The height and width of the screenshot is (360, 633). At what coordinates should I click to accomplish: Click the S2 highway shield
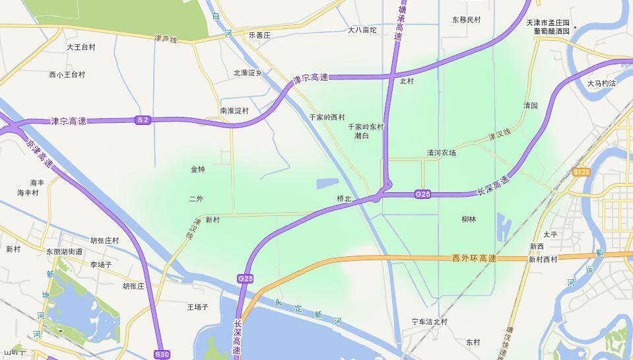[143, 120]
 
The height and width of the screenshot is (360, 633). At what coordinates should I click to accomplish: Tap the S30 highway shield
[162, 355]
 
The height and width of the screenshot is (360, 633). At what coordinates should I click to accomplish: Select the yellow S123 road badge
[581, 172]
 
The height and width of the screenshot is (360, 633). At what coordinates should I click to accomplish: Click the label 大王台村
[81, 48]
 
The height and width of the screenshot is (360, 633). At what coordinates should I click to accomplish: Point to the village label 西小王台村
[67, 75]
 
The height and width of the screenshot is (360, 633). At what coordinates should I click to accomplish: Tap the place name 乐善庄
[259, 34]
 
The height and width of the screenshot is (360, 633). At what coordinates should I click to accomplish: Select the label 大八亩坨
[362, 30]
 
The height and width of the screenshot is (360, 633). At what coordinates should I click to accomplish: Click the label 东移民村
[467, 20]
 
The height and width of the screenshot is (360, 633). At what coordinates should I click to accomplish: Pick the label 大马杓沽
[601, 83]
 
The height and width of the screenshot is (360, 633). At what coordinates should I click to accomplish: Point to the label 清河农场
[441, 153]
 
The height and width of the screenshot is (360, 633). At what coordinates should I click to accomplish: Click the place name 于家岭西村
[327, 117]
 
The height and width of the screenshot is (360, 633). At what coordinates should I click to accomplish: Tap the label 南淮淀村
[234, 111]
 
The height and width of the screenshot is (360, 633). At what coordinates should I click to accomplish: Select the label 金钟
[198, 169]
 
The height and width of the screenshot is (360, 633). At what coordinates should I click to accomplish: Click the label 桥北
[344, 198]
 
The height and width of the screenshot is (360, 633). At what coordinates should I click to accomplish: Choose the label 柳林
[469, 219]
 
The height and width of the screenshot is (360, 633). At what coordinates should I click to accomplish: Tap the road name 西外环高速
[474, 258]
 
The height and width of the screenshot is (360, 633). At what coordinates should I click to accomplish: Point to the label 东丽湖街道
[65, 252]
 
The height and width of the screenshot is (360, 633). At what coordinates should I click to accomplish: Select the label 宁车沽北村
[430, 322]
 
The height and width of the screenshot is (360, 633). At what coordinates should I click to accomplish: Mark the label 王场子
[198, 307]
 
